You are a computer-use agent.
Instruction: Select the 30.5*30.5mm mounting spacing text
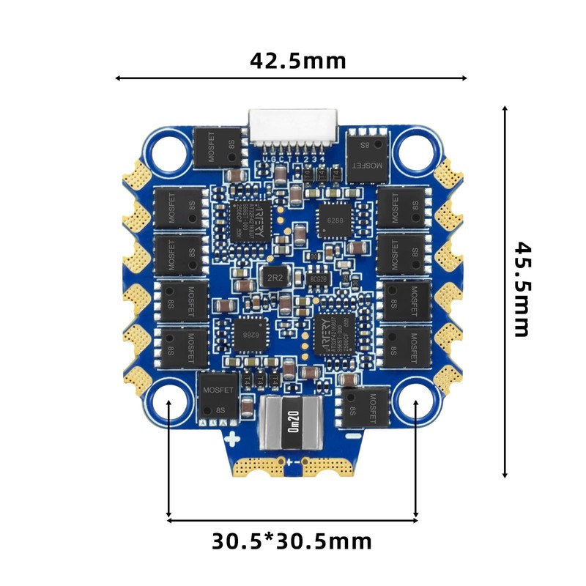pyautogui.click(x=292, y=541)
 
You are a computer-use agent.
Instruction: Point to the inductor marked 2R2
pyautogui.click(x=275, y=278)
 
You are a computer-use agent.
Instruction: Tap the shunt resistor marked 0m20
pyautogui.click(x=292, y=424)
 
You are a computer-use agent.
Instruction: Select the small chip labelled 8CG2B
pyautogui.click(x=319, y=279)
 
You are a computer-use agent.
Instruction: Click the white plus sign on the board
pyautogui.click(x=232, y=440)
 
